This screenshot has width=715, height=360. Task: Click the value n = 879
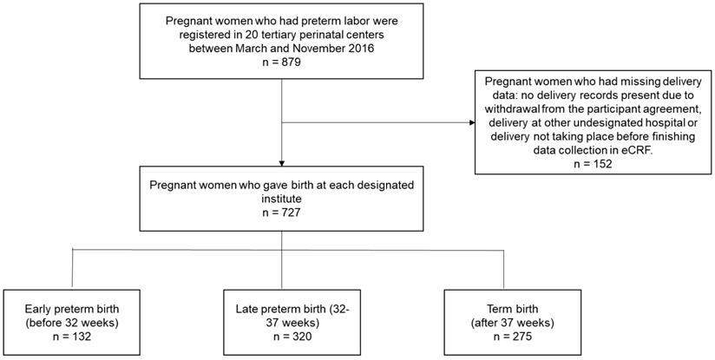pyautogui.click(x=282, y=63)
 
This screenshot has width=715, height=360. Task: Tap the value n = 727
pyautogui.click(x=282, y=210)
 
